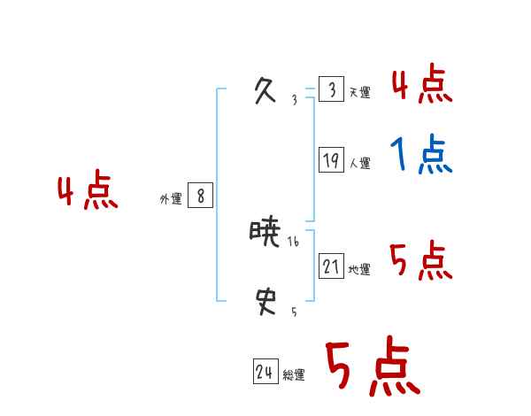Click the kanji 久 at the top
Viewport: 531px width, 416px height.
pyautogui.click(x=265, y=90)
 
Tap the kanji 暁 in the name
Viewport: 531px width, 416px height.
pyautogui.click(x=265, y=234)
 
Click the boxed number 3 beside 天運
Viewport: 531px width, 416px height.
pyautogui.click(x=331, y=90)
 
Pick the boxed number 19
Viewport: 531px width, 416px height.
pyautogui.click(x=331, y=161)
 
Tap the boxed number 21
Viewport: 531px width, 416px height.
pyautogui.click(x=331, y=266)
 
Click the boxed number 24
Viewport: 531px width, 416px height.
pyautogui.click(x=265, y=373)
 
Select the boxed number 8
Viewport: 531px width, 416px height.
pyautogui.click(x=200, y=196)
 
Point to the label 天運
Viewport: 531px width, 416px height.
pyautogui.click(x=359, y=92)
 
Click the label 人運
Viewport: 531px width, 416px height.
pyautogui.click(x=359, y=163)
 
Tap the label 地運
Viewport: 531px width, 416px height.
pyautogui.click(x=359, y=269)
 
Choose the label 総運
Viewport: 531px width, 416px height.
pyautogui.click(x=294, y=375)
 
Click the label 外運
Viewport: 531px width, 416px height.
pyautogui.click(x=171, y=199)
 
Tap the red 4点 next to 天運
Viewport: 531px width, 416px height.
pyautogui.click(x=421, y=85)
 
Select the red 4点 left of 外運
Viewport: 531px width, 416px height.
pyautogui.click(x=88, y=192)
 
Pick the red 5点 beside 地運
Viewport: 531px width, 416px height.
pyautogui.click(x=421, y=260)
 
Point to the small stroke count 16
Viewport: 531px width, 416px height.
pyautogui.click(x=294, y=242)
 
